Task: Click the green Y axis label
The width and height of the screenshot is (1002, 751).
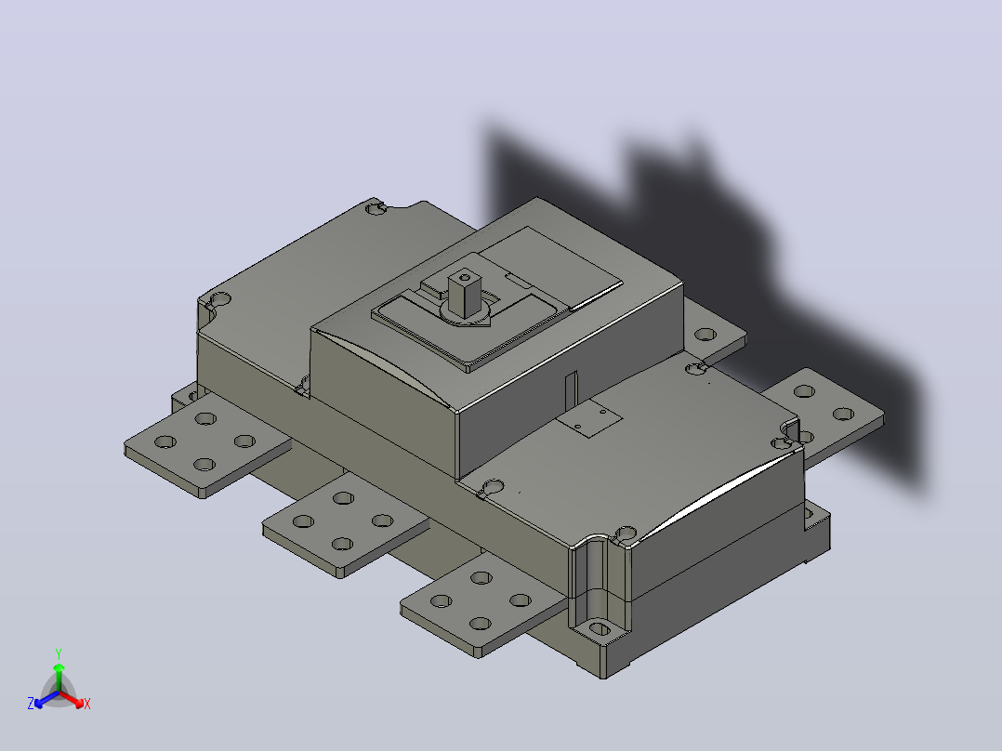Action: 59,653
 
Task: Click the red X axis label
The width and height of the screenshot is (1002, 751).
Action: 87,704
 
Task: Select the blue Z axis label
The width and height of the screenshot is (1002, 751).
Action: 30,704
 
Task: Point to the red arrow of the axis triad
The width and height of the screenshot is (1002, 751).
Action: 72,699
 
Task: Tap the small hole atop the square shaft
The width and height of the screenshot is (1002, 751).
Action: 465,278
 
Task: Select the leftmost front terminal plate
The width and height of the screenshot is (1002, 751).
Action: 207,443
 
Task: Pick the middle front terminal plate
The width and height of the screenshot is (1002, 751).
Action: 346,523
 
